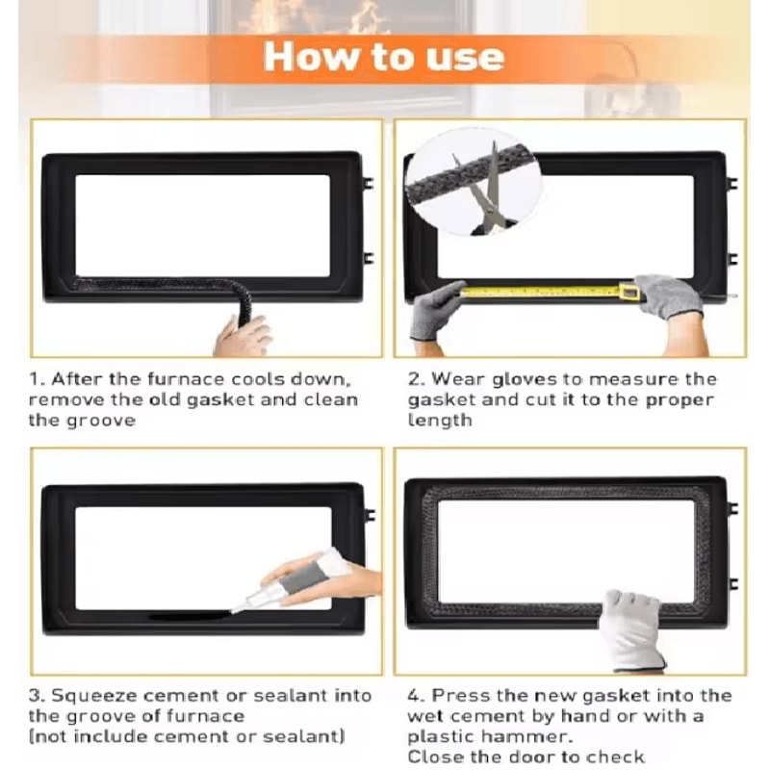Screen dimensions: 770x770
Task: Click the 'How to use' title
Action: tap(383, 58)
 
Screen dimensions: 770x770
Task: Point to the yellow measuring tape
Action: tap(550, 292)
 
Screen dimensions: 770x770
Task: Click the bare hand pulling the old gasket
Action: tap(243, 336)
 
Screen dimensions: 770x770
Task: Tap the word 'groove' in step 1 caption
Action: tap(101, 422)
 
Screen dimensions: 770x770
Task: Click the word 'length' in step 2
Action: tap(440, 421)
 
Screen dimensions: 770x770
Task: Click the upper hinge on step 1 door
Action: tap(368, 183)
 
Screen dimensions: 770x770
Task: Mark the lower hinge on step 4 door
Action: tap(732, 584)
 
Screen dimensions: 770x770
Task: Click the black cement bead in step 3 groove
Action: tap(190, 615)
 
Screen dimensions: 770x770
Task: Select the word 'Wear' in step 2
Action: tap(459, 379)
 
